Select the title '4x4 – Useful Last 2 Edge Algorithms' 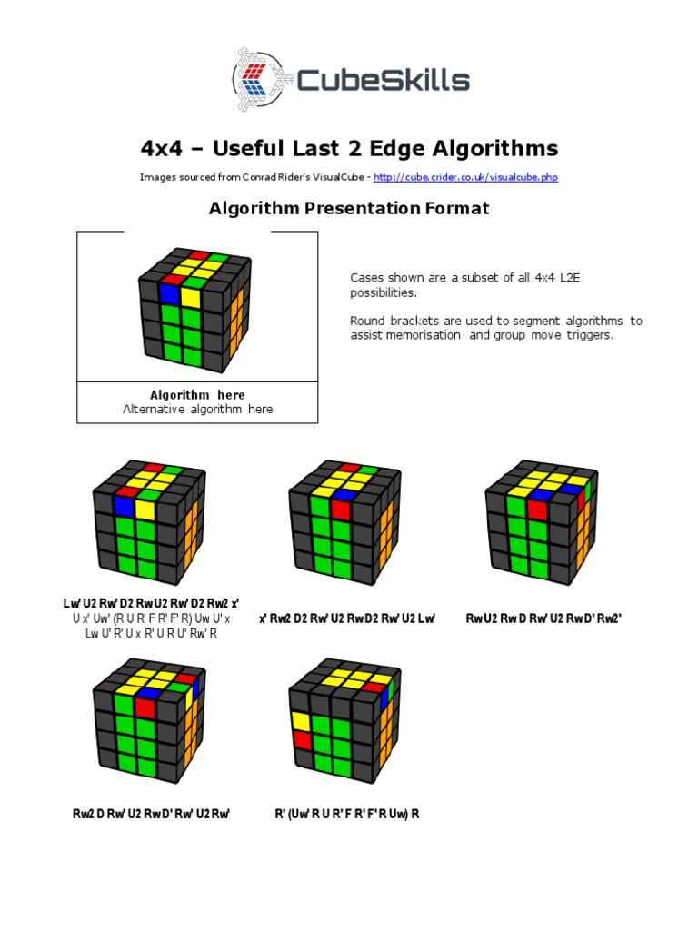pos(349,148)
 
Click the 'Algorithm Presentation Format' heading pos(349,209)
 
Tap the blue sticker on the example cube pos(169,295)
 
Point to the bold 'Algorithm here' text pos(197,395)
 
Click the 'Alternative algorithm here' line pos(197,410)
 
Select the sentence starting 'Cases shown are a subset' pos(464,285)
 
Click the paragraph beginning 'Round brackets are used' pos(495,328)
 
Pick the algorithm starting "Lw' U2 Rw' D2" pos(150,604)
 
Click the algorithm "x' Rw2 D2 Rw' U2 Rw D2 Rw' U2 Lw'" pos(348,618)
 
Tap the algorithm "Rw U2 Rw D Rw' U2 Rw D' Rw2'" pos(543,618)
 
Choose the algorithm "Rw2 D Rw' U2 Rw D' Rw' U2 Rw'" pos(151,813)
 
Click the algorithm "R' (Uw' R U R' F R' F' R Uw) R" pos(347,813)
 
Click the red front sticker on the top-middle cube pos(340,510)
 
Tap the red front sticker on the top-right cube pos(536,510)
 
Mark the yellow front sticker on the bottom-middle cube pos(301,722)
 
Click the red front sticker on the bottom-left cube pos(145,707)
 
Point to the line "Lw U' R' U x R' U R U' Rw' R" pos(151,633)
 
